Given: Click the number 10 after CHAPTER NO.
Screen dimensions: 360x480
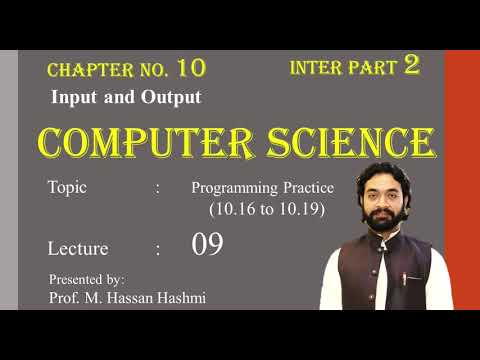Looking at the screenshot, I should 191,68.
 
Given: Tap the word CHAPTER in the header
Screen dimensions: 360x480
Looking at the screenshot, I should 81,70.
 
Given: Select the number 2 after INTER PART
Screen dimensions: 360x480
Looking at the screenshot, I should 411,67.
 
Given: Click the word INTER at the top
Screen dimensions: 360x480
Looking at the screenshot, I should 316,69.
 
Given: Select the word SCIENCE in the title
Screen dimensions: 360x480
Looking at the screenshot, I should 349,143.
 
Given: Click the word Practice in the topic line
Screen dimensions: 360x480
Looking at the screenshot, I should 304,188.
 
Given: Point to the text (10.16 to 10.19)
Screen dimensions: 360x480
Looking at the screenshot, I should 267,210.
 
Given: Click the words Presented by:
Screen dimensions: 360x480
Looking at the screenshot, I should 86,278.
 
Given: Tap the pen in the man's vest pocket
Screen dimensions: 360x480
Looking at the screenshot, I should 405,277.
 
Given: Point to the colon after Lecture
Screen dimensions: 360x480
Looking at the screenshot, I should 158,248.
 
